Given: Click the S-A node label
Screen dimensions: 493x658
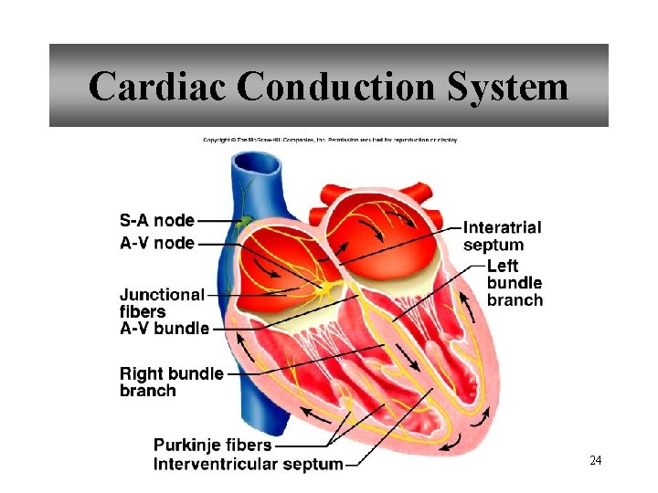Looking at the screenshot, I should (x=157, y=220).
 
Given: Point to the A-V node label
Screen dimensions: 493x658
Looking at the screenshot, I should (x=157, y=243).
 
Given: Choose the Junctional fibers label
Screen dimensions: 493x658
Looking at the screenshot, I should (x=162, y=303).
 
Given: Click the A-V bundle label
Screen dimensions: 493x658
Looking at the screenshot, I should (x=164, y=329).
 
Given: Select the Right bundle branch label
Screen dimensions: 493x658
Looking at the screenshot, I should (x=172, y=382).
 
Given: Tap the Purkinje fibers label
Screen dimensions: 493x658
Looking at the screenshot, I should (x=212, y=445).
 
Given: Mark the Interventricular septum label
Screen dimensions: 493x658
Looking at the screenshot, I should (x=249, y=464).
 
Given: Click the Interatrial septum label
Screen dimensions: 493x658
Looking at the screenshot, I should (x=502, y=236).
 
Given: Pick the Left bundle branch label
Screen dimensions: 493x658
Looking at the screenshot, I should (x=515, y=282).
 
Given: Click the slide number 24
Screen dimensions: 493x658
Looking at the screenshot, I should (x=596, y=460).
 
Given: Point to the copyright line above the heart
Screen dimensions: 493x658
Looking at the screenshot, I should (x=330, y=140).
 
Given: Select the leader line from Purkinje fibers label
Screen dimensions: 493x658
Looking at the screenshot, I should (x=306, y=446).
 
